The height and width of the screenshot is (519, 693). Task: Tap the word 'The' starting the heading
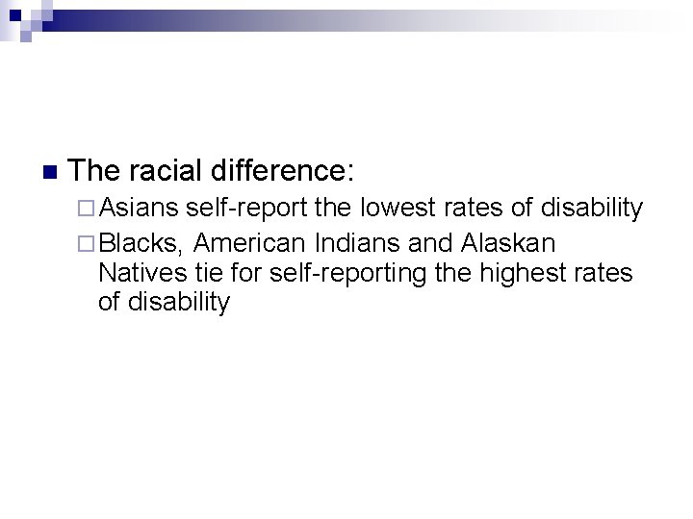(x=92, y=172)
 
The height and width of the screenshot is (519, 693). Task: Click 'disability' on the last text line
(x=180, y=304)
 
